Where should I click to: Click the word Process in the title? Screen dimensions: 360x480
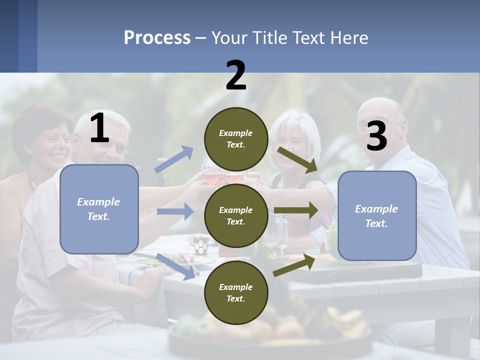click(157, 38)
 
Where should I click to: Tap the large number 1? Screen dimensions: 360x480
click(99, 128)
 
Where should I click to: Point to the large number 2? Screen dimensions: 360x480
click(236, 75)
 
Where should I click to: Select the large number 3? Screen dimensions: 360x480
click(376, 136)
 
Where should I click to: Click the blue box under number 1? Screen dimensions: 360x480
click(99, 209)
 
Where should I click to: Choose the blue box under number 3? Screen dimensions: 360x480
click(377, 216)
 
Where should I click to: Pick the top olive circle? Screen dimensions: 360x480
click(236, 139)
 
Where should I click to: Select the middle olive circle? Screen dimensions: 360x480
click(236, 215)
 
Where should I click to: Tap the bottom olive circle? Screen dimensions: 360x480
click(236, 292)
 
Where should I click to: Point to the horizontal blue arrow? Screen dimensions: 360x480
click(175, 211)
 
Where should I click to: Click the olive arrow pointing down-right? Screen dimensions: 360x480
click(297, 160)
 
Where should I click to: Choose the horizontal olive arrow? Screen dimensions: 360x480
click(296, 210)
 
